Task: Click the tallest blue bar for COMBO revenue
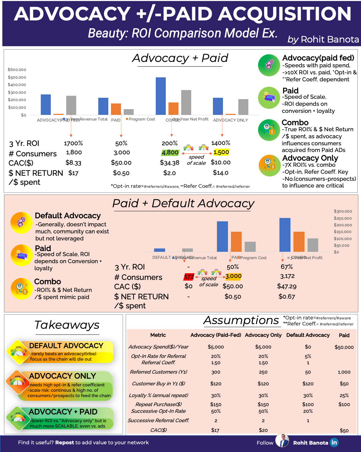(x=161, y=96)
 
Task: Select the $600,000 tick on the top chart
(x=17, y=70)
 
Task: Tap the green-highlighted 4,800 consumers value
(x=170, y=153)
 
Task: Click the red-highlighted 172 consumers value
(x=189, y=277)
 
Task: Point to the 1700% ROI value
(x=73, y=143)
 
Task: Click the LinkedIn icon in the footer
(x=334, y=443)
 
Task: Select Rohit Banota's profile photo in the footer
(x=282, y=441)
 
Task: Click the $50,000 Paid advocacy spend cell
(x=344, y=347)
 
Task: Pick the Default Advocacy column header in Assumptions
(x=308, y=335)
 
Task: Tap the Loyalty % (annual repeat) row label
(x=158, y=395)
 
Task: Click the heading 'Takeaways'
(x=67, y=325)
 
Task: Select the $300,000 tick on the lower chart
(x=343, y=211)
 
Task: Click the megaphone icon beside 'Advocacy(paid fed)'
(x=269, y=65)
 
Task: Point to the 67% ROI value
(x=286, y=267)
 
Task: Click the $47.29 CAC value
(x=286, y=286)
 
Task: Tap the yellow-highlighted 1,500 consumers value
(x=221, y=152)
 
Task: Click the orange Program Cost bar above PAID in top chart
(x=116, y=109)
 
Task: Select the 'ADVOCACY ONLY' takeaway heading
(x=63, y=376)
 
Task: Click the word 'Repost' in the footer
(x=65, y=443)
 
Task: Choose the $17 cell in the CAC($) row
(x=215, y=430)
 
